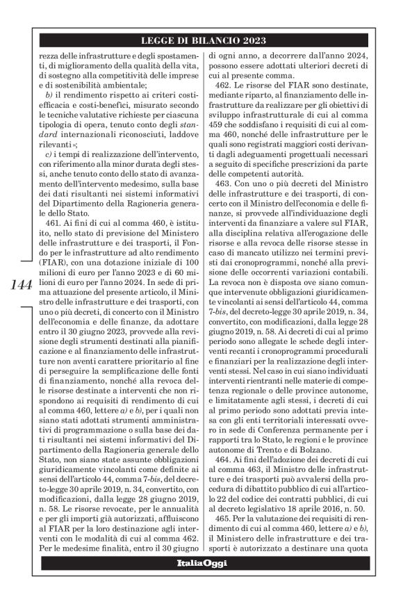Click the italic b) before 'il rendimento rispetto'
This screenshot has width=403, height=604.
coord(49,92)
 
